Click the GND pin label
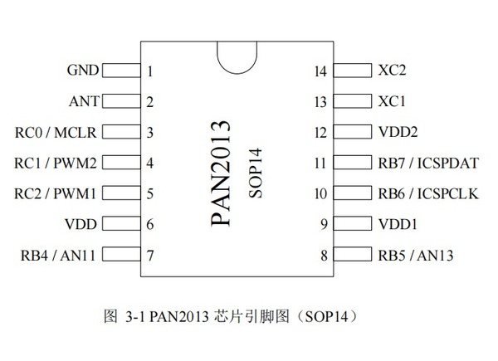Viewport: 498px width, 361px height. pos(84,71)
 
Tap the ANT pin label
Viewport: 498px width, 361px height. pos(84,101)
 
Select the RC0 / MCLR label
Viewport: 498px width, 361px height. pos(57,132)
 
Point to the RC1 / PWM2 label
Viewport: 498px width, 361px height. pos(57,163)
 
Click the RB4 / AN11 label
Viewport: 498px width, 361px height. pos(58,255)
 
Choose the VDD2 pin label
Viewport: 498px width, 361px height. pos(398,132)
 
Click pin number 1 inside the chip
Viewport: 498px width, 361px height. pos(150,71)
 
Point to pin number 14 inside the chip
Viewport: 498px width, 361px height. pos(321,71)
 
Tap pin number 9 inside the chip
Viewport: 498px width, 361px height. pos(324,225)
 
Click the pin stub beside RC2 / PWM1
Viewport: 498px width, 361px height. pos(120,193)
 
